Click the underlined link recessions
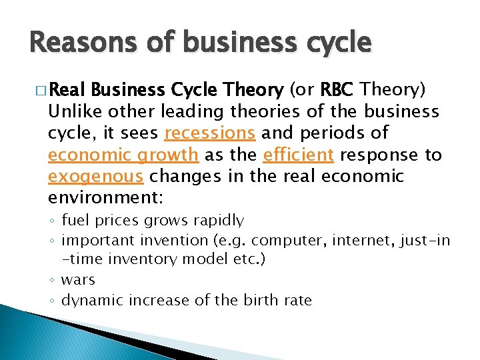pos(209,133)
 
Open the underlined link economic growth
pos(123,155)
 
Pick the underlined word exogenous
pos(95,177)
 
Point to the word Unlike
pos(73,111)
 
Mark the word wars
pos(78,280)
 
